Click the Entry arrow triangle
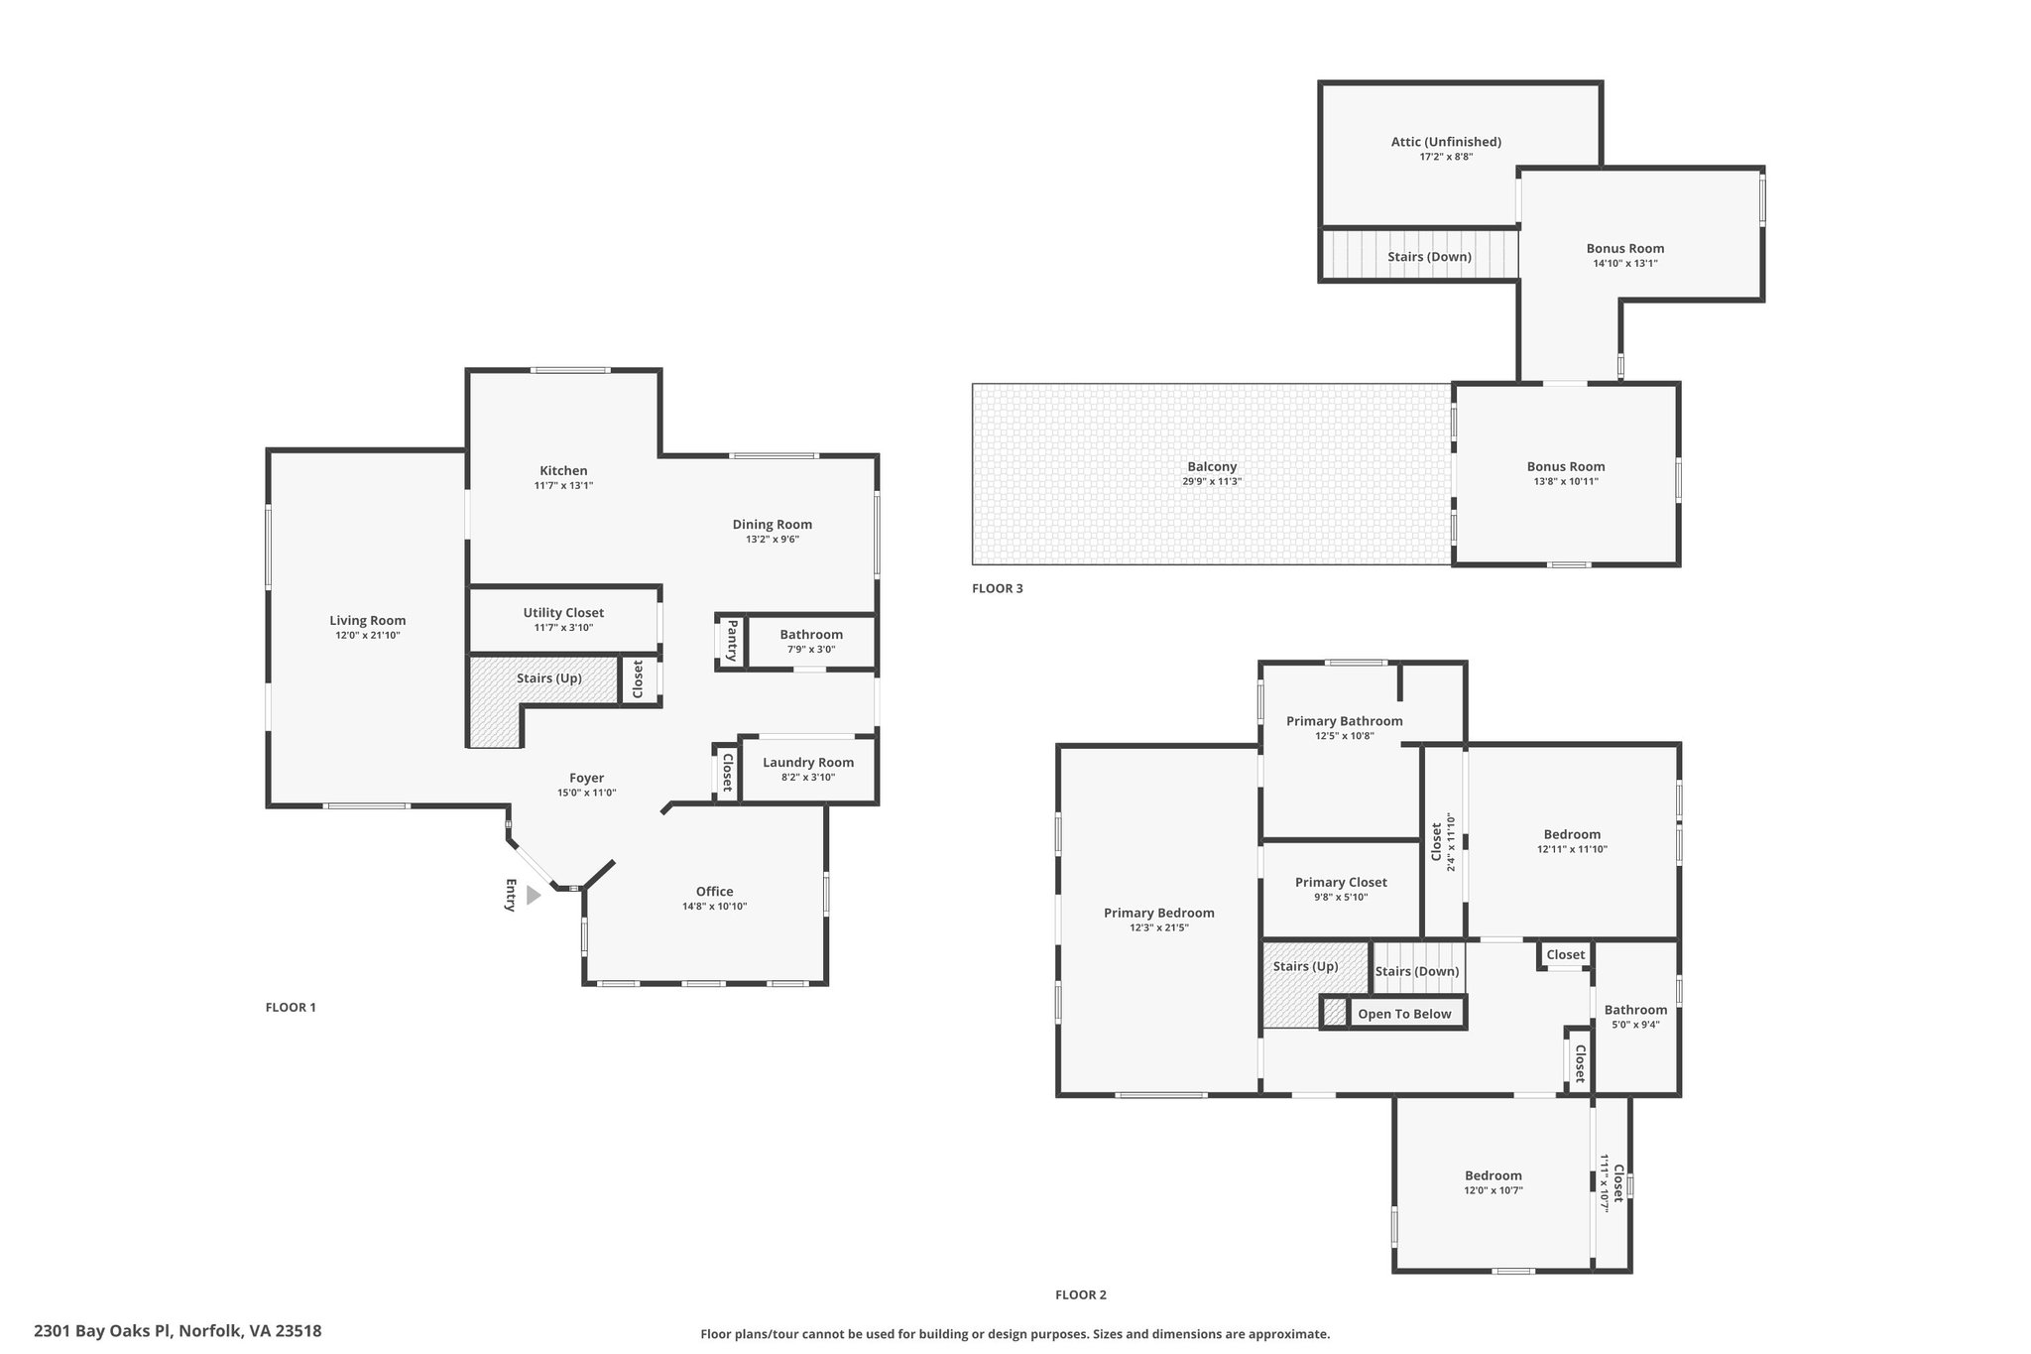(x=534, y=896)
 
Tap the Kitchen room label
(x=563, y=470)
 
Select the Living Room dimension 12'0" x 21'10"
(x=368, y=635)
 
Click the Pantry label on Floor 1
(x=732, y=641)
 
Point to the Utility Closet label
(x=563, y=613)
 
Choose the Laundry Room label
(x=808, y=763)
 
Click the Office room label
(x=714, y=891)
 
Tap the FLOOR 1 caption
(x=291, y=1007)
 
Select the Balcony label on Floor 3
(x=1212, y=467)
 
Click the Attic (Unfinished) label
(x=1446, y=142)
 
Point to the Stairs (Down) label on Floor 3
(x=1429, y=257)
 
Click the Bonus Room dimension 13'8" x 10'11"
(x=1566, y=482)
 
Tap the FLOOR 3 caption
(x=998, y=588)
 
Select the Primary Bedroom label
(x=1159, y=913)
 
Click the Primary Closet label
(x=1341, y=882)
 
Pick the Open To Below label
(x=1404, y=1014)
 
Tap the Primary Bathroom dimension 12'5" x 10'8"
(x=1345, y=736)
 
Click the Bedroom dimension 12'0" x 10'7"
(x=1493, y=1190)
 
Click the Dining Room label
(x=773, y=525)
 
